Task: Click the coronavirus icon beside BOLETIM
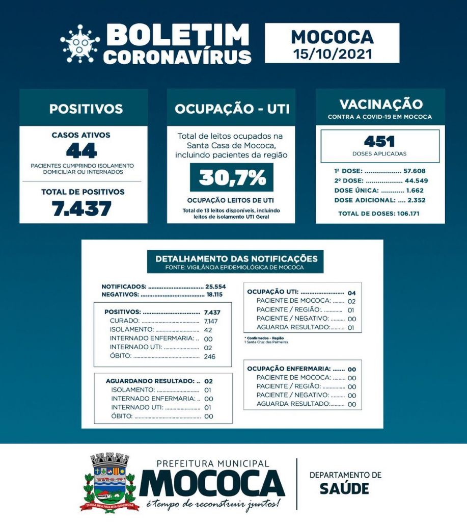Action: point(80,44)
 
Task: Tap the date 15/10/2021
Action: point(332,53)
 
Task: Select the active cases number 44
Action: point(81,151)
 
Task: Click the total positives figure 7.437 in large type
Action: point(82,208)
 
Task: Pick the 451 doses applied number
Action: point(379,141)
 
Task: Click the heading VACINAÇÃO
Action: point(381,105)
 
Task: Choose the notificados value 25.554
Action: point(215,286)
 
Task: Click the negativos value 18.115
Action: point(215,295)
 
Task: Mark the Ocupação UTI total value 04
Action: point(351,293)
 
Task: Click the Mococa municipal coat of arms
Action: point(109,482)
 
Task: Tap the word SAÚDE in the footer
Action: point(344,488)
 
